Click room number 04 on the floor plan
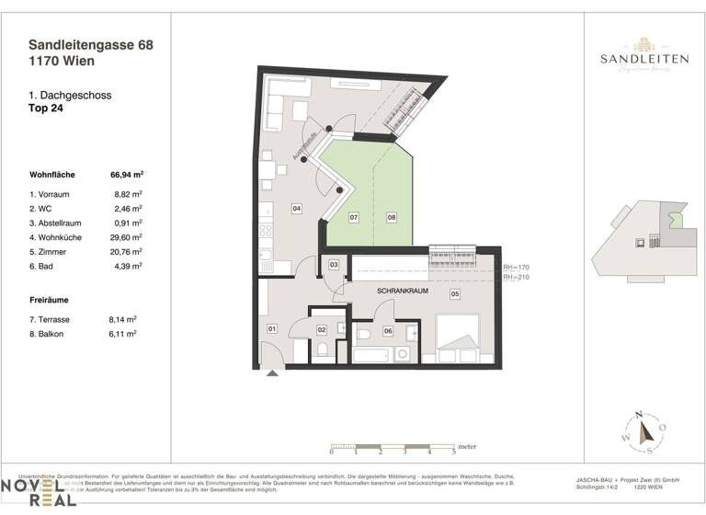[297, 209]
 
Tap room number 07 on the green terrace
[353, 218]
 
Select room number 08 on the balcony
[391, 218]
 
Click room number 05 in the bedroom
[454, 294]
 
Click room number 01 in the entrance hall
[272, 328]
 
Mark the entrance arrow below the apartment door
[270, 372]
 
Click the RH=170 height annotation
[517, 267]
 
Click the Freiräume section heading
[51, 299]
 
